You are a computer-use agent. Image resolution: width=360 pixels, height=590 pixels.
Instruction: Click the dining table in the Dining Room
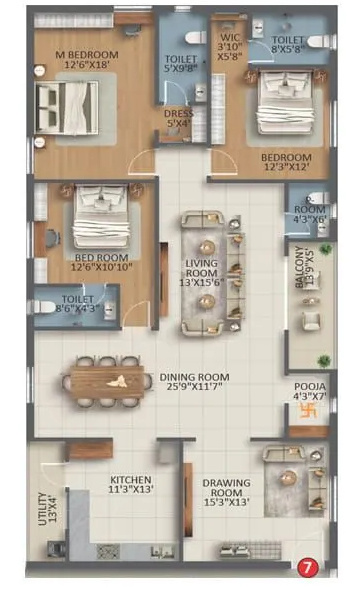[x=107, y=381]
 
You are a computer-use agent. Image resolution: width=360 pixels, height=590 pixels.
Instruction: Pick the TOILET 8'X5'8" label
[x=290, y=45]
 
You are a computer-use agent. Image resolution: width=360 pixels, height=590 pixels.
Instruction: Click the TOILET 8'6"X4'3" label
[x=77, y=304]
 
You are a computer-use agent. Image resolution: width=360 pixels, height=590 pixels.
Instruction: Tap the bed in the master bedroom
[x=68, y=102]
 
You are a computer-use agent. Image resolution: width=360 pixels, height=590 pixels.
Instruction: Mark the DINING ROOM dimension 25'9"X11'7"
[x=195, y=383]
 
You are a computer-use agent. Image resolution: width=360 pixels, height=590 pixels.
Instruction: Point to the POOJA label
[x=308, y=388]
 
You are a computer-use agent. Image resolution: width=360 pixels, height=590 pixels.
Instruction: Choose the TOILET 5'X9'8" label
[x=181, y=66]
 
